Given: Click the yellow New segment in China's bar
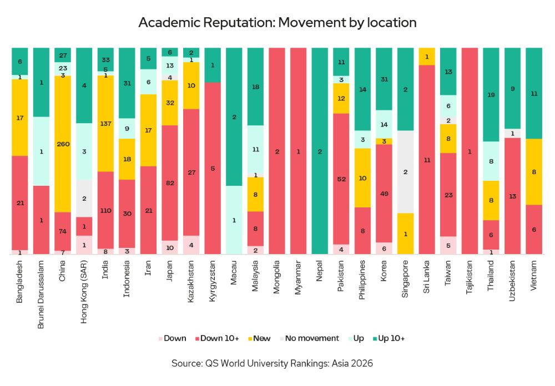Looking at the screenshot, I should pos(63,144).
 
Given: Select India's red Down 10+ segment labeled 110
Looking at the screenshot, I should pos(105,210).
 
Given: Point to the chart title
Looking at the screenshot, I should pos(277,23).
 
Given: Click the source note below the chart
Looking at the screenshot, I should pos(277,364).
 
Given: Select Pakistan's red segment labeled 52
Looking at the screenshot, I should pos(341,179).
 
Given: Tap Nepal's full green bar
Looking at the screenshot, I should pos(320,151).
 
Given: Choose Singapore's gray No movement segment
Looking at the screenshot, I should pos(405,172).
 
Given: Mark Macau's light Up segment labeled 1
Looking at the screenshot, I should pos(234,220).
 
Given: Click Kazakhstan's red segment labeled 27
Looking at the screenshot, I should pos(191,172).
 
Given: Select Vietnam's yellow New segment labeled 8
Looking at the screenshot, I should pos(533,172).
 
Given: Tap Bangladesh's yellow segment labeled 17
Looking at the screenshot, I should pos(20,118).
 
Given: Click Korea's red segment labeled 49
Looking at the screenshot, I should pos(384,193).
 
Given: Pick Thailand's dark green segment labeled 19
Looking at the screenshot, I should pos(491,94).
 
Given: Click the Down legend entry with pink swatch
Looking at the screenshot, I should pos(173,338).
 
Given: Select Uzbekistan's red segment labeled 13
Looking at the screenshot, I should pos(512,196).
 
